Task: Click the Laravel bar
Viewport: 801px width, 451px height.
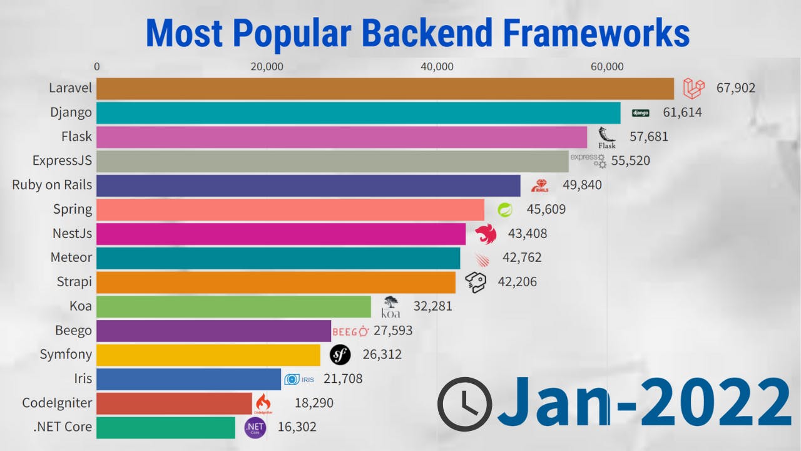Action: click(x=385, y=88)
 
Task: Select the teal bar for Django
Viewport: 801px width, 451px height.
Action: click(x=358, y=113)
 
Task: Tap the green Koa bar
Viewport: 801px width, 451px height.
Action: click(x=233, y=306)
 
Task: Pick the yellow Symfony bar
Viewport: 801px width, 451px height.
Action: click(x=208, y=355)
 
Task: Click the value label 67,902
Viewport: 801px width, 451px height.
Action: click(x=735, y=88)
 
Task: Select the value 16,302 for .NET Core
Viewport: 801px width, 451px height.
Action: click(x=297, y=427)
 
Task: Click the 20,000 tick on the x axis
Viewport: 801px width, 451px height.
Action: click(x=267, y=67)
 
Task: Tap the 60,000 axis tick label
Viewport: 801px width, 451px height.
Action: click(x=607, y=67)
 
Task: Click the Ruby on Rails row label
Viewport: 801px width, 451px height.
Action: click(x=52, y=185)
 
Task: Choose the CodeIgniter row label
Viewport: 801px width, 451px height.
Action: click(x=57, y=403)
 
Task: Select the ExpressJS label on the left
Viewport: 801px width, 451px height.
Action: click(x=62, y=161)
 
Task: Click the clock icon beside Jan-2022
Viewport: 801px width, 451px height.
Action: click(x=464, y=404)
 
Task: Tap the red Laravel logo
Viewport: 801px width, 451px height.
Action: click(x=693, y=88)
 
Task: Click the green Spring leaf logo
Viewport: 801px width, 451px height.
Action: click(x=504, y=210)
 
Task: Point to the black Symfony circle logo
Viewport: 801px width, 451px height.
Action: click(x=340, y=355)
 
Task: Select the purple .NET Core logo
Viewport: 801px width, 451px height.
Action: click(x=255, y=428)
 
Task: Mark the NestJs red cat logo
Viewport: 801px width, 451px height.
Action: click(x=485, y=234)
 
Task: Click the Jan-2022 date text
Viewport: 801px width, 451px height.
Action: click(x=645, y=403)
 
